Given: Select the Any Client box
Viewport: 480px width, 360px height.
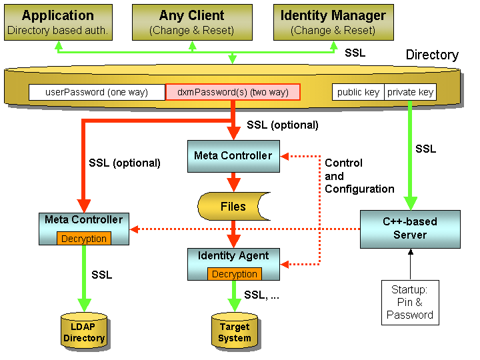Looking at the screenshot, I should coord(192,22).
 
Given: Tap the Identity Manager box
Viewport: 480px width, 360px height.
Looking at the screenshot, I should coord(333,22).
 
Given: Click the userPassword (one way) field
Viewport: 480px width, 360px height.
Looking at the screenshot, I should coord(97,92).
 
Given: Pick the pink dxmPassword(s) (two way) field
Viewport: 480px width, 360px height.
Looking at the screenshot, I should coord(233,92).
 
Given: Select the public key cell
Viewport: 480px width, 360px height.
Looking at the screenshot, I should coord(358,92).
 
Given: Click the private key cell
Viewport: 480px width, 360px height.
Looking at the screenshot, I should coord(410,92).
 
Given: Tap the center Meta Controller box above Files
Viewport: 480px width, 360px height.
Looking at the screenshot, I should coord(233,157).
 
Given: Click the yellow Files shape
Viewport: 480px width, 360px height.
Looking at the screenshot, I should coord(233,207).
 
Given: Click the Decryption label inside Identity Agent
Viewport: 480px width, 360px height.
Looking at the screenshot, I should coord(234,274).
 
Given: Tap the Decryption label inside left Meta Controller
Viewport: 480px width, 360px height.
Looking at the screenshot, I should coord(83,238).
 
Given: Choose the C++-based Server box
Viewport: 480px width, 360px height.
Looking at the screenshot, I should coord(410,229).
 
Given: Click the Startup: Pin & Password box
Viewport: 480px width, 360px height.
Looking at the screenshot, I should coord(410,303).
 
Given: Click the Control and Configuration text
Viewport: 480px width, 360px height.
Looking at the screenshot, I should coord(359,176).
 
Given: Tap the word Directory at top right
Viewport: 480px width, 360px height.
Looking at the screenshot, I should coord(432,55).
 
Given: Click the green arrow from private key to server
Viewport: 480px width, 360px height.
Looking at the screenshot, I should coord(410,153).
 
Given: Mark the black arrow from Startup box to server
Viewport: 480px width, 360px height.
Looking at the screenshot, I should coord(410,263).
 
